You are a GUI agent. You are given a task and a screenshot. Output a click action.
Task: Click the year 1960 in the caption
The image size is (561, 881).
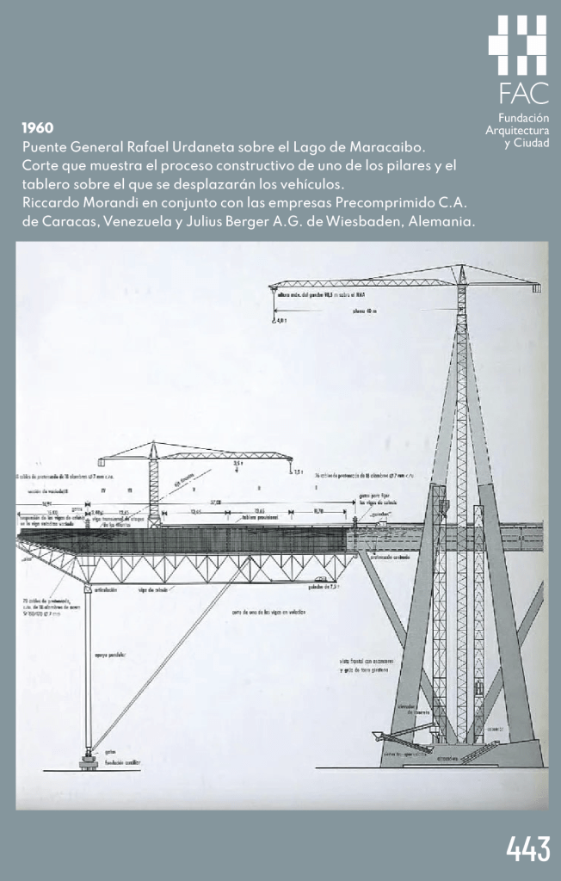38,127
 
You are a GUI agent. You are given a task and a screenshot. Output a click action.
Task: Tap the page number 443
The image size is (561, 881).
527,849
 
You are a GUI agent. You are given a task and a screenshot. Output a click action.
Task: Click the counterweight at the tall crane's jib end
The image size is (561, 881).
535,288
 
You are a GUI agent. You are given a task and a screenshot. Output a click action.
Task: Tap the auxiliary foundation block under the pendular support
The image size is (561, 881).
89,761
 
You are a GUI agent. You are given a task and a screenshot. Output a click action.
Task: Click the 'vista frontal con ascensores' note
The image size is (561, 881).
366,662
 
